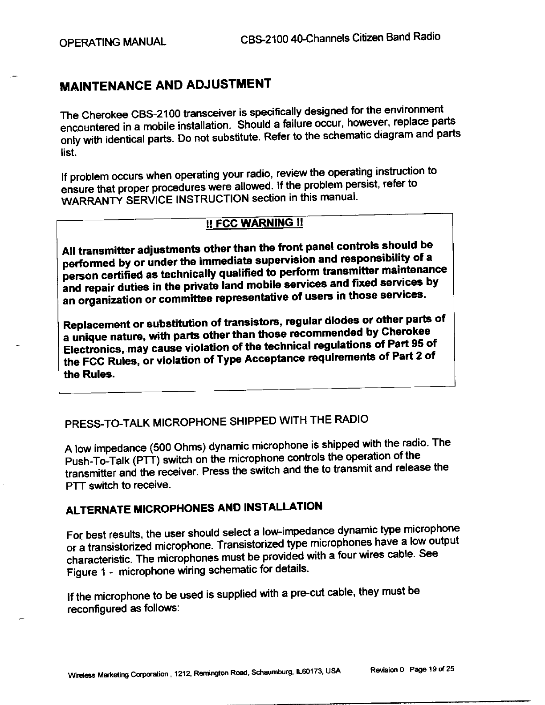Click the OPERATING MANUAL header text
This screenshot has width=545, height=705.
click(x=113, y=42)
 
